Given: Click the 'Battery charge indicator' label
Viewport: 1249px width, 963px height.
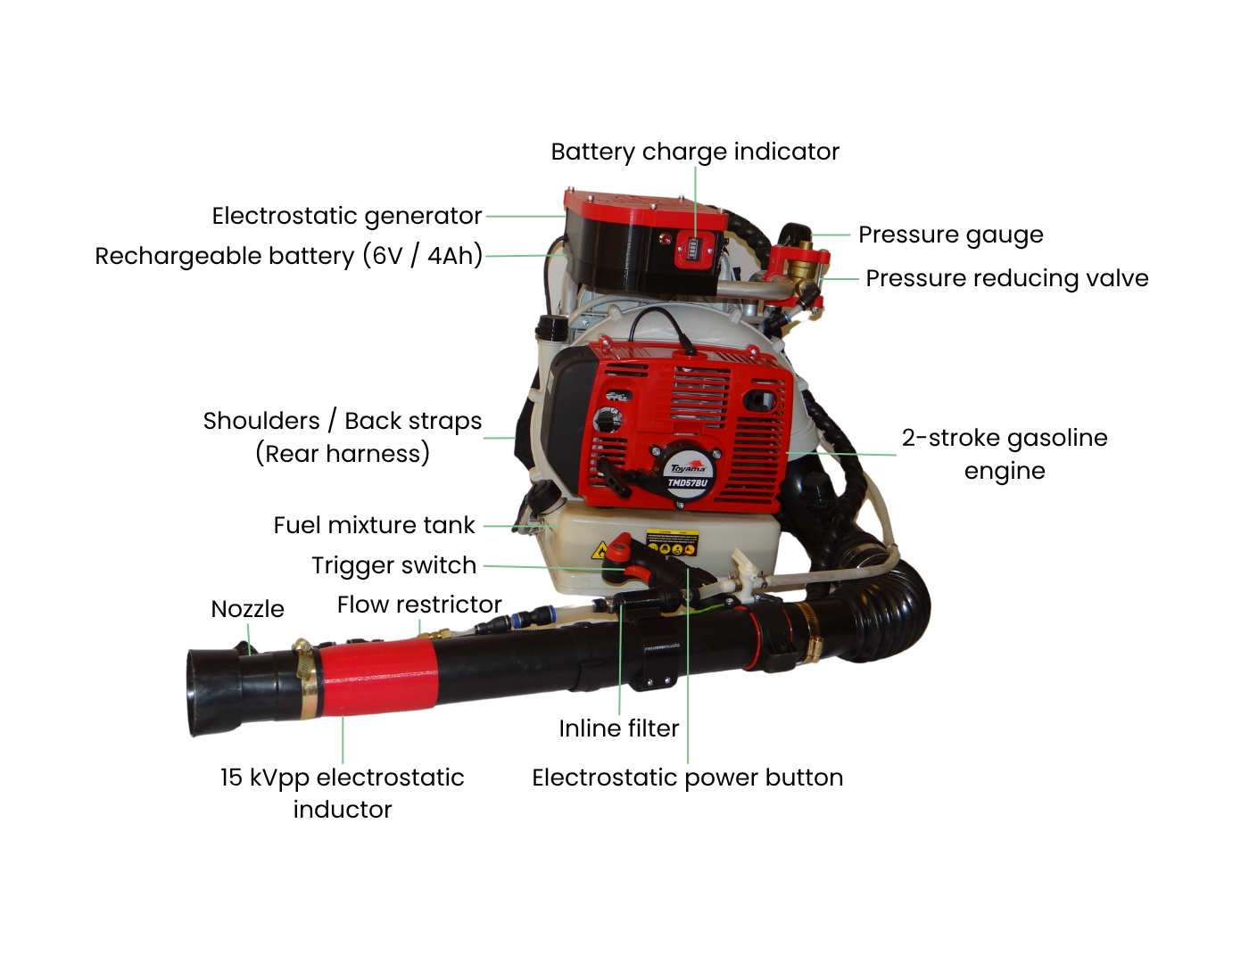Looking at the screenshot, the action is [695, 152].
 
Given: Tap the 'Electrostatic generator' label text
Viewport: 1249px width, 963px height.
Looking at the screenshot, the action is [346, 217].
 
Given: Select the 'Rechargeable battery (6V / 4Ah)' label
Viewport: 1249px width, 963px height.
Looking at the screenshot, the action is [288, 256].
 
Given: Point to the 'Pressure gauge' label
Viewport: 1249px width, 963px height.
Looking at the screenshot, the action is [951, 235].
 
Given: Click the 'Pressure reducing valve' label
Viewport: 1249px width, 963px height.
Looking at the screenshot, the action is [1007, 278].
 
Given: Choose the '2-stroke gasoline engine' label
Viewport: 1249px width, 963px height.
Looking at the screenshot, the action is [1005, 454].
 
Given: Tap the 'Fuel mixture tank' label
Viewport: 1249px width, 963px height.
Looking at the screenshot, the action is [374, 525].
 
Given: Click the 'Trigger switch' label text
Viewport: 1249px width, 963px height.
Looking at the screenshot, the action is [394, 565].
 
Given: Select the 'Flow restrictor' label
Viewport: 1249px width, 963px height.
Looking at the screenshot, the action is [419, 605].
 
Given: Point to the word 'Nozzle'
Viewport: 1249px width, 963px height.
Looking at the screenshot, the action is [248, 609].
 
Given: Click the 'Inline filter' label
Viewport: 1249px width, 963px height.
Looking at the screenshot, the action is [618, 728].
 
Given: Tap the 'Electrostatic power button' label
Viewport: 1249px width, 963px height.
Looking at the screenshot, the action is [688, 778].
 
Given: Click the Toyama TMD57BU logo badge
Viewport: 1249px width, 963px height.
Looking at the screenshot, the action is [688, 475].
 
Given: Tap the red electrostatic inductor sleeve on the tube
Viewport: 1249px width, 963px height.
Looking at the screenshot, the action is [378, 678].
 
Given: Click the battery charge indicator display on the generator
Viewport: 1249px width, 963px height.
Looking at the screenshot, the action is [693, 249].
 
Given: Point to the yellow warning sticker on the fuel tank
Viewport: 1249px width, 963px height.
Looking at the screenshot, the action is [673, 543].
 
